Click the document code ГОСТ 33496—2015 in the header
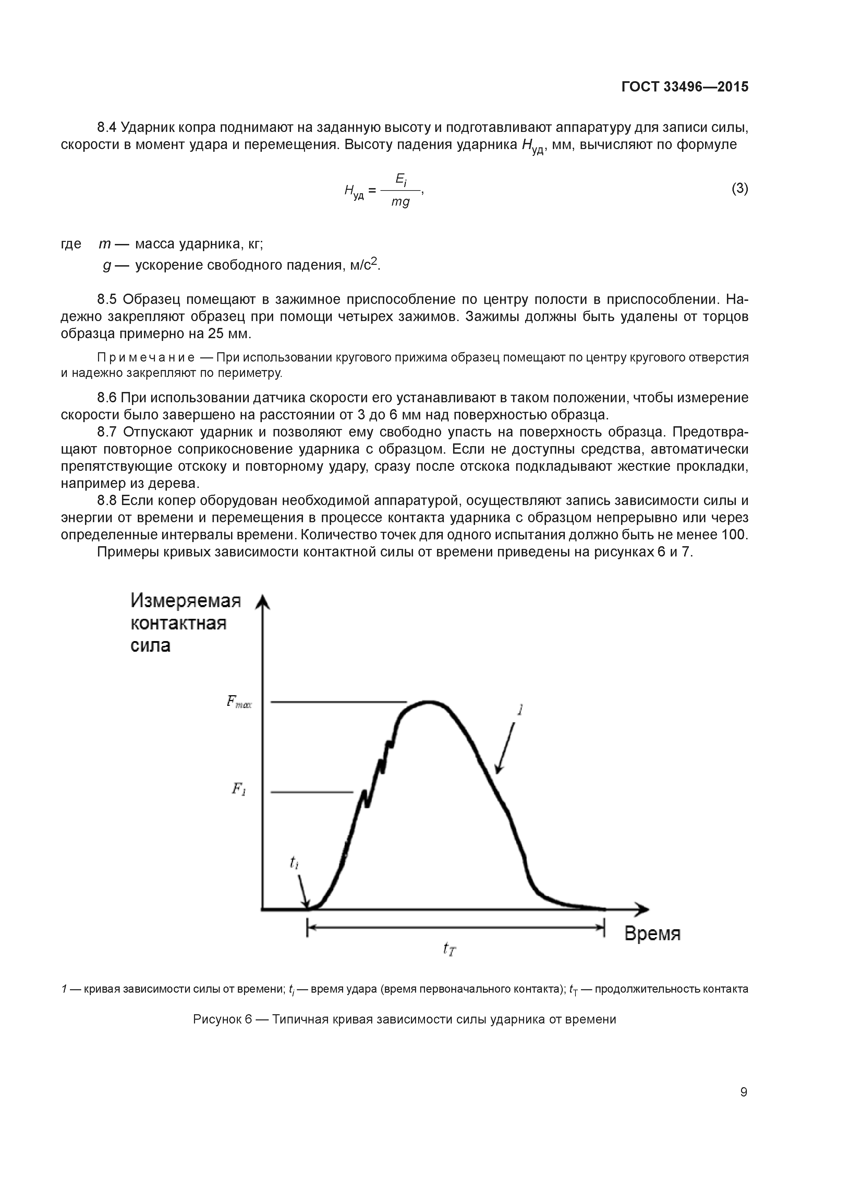tap(684, 87)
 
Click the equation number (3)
tap(740, 188)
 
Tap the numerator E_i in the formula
tap(401, 180)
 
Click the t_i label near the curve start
tap(294, 862)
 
